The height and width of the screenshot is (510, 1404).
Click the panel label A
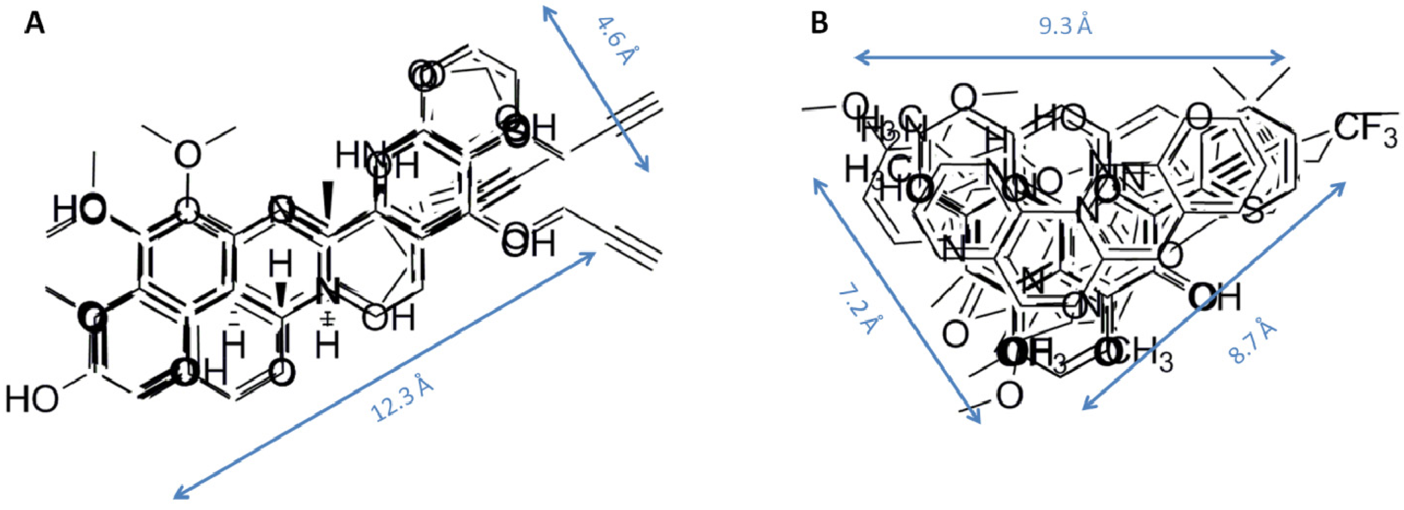[x=34, y=24]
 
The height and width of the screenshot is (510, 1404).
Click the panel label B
[x=820, y=24]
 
